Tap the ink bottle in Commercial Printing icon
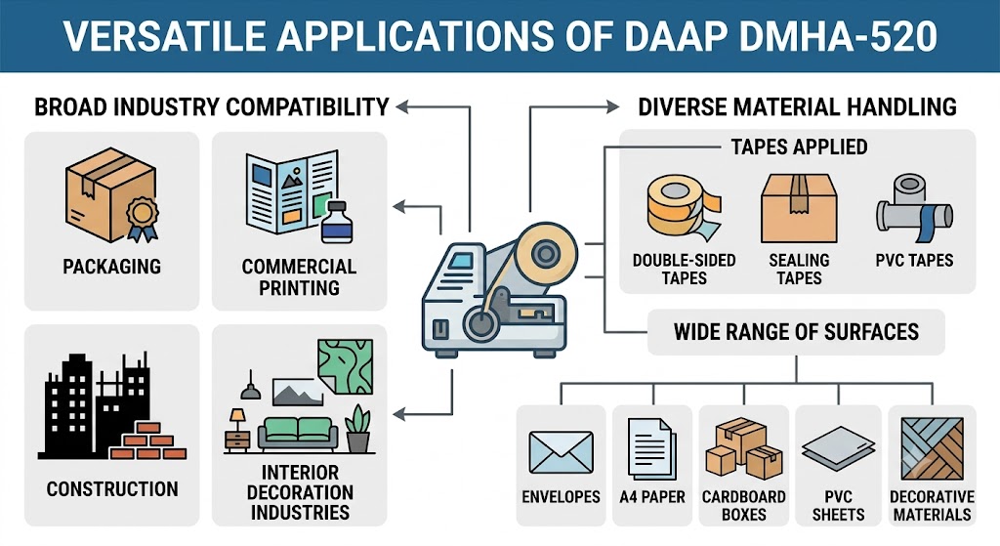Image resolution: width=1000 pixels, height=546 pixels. (x=337, y=222)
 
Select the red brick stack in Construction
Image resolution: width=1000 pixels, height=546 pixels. (x=148, y=441)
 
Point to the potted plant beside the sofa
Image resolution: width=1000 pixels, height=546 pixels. (x=357, y=429)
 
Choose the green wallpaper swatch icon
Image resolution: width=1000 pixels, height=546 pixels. (x=345, y=366)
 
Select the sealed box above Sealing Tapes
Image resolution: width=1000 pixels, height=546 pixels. (x=799, y=209)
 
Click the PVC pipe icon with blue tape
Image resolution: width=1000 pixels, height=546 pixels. (x=914, y=209)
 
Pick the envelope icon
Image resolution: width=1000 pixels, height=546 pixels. (x=562, y=452)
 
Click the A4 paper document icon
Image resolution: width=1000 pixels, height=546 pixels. (x=651, y=448)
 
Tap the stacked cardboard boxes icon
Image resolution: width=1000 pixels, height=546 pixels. (x=743, y=447)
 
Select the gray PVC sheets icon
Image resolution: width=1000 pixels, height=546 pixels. (x=838, y=448)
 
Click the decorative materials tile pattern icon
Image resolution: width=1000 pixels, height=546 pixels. (x=932, y=448)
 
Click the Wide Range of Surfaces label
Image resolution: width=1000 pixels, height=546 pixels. (x=797, y=332)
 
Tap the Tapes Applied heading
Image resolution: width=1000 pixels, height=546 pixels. (x=799, y=147)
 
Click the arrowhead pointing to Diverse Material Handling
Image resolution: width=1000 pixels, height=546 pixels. (x=612, y=106)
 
